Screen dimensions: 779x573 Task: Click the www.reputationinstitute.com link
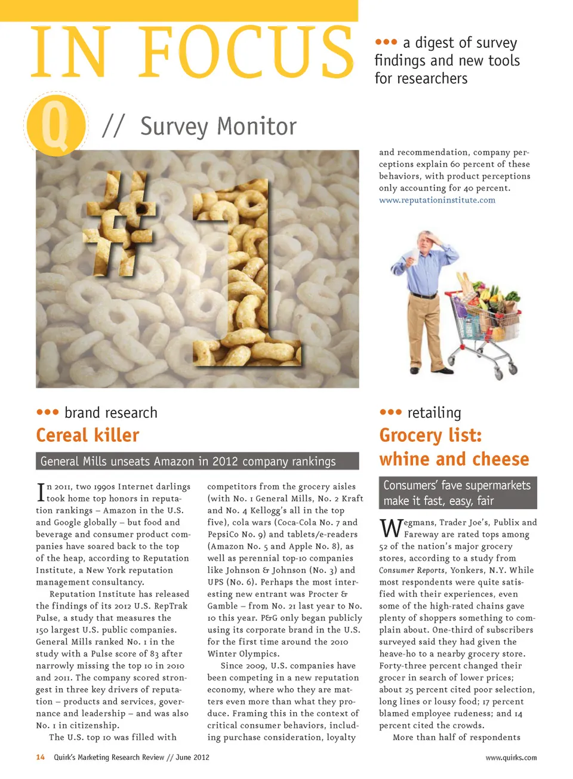coord(437,200)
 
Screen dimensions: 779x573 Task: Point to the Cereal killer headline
coord(88,435)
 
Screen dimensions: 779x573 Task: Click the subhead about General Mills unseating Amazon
coord(197,461)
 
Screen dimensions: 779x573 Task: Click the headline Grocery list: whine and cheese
coord(454,447)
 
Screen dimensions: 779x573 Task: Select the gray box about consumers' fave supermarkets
coord(457,492)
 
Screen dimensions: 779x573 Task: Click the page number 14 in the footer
coord(40,757)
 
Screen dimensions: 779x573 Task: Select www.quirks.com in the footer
coord(510,758)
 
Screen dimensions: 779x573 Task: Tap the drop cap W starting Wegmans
coord(391,528)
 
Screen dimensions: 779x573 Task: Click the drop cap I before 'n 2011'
coord(41,492)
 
